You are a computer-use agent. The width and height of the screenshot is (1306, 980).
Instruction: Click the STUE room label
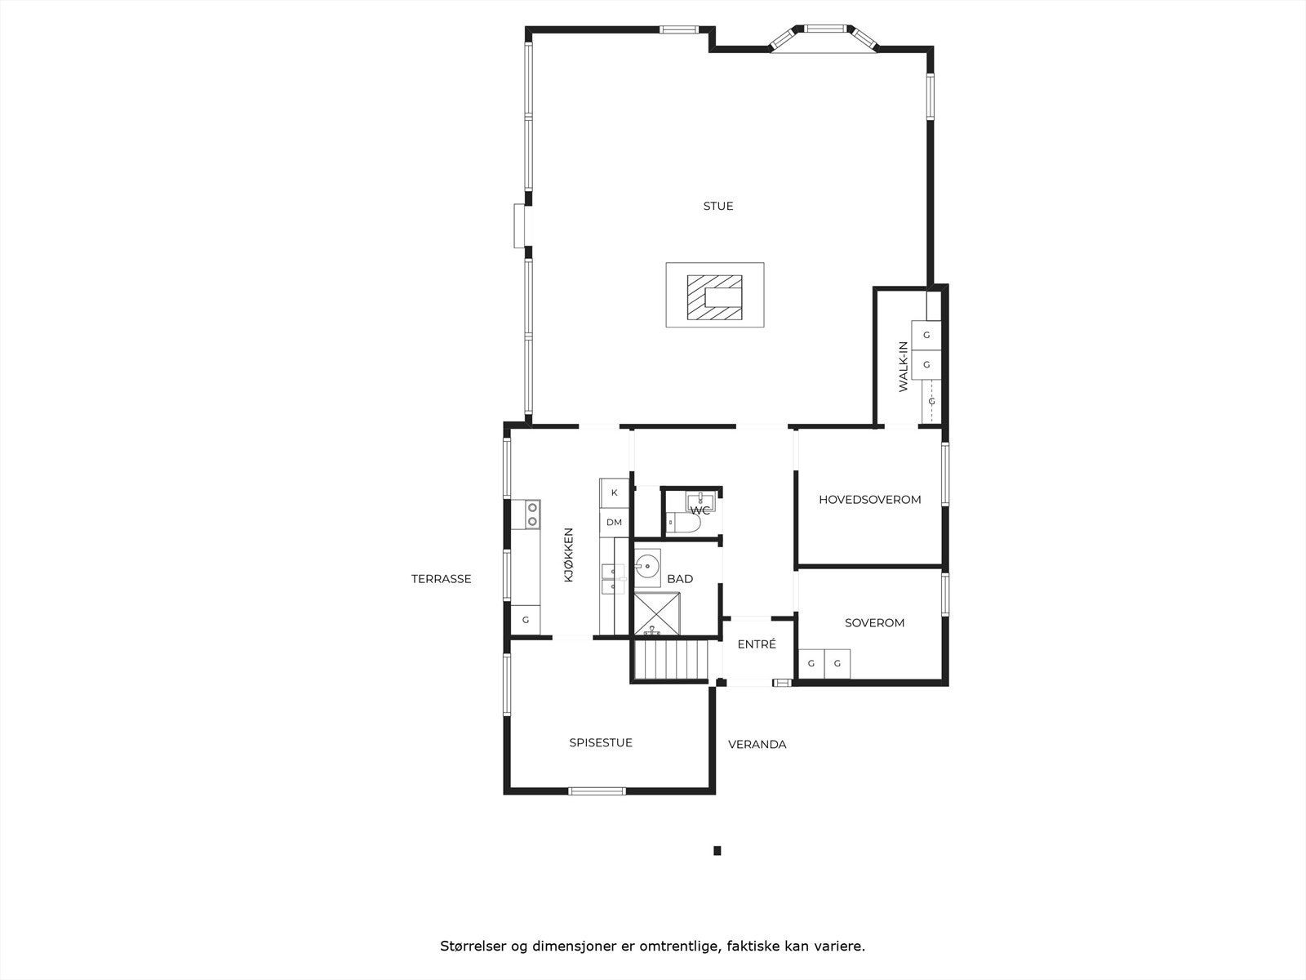(x=718, y=206)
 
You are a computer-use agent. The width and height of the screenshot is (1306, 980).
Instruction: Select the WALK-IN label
(x=904, y=367)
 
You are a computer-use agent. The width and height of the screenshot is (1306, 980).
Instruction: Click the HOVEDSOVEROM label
(x=870, y=499)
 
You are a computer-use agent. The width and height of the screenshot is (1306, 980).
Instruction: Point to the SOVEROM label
(x=874, y=622)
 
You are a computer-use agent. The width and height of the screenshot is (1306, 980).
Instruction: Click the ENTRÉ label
(x=757, y=644)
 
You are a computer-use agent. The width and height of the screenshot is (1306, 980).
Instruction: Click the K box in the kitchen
(x=615, y=492)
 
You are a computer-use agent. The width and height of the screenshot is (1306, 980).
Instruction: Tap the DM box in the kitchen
(x=614, y=522)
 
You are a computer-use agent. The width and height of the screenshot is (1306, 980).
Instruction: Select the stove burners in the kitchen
(x=532, y=514)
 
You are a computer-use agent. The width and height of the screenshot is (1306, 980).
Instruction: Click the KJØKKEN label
(x=569, y=555)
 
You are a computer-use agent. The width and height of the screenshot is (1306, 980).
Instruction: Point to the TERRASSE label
(x=441, y=579)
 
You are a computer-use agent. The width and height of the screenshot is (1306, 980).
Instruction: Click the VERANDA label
(x=757, y=744)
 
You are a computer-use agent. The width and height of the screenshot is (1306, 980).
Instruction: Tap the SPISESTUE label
(x=601, y=742)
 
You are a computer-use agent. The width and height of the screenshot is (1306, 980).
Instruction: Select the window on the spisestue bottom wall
(x=597, y=790)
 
